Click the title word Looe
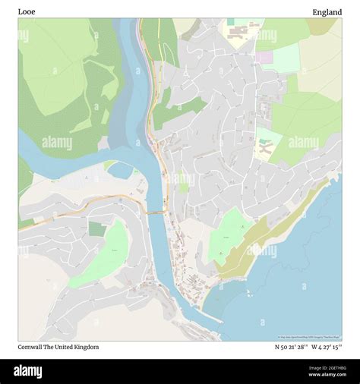click(x=27, y=11)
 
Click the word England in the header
click(x=327, y=11)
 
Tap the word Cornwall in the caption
click(x=33, y=347)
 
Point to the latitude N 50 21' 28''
click(x=291, y=347)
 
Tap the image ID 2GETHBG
click(x=327, y=368)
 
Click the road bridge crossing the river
click(x=156, y=212)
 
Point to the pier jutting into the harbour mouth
click(x=212, y=317)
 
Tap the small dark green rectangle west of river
click(x=96, y=228)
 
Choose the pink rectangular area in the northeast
click(x=264, y=57)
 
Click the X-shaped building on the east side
click(x=266, y=149)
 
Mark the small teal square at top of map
click(x=230, y=22)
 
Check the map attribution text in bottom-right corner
click(x=308, y=338)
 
